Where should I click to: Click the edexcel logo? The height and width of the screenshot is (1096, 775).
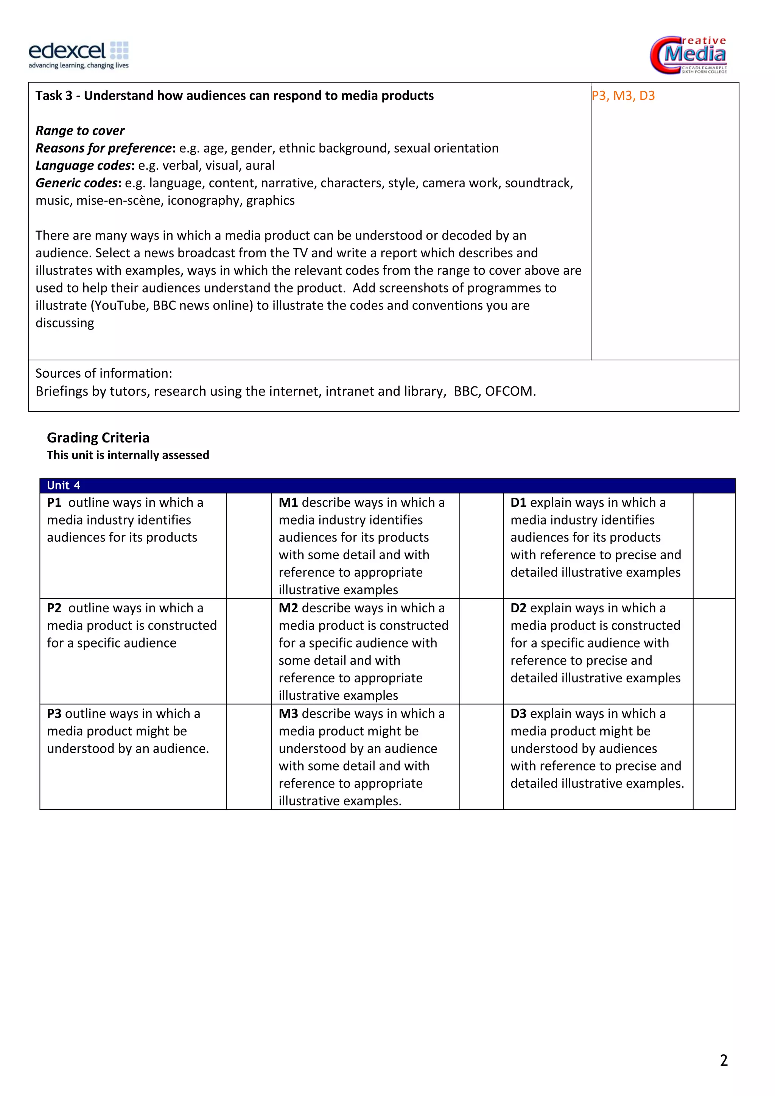pyautogui.click(x=79, y=54)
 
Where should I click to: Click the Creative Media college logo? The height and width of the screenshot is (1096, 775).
pyautogui.click(x=688, y=54)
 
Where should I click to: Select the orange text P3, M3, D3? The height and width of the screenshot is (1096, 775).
pyautogui.click(x=623, y=96)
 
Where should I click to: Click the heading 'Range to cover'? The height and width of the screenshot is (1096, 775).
pyautogui.click(x=80, y=131)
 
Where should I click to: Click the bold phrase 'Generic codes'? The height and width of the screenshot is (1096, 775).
pyautogui.click(x=76, y=183)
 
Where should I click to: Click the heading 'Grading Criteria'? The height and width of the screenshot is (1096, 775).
pyautogui.click(x=98, y=438)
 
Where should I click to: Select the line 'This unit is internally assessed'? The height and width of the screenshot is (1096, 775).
pyautogui.click(x=128, y=455)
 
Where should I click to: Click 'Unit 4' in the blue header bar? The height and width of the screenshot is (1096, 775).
pyautogui.click(x=64, y=486)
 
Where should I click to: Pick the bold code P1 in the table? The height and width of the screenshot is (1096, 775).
pyautogui.click(x=54, y=503)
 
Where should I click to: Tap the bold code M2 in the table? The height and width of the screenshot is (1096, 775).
pyautogui.click(x=288, y=608)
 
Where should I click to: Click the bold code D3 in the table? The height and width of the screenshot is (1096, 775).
pyautogui.click(x=518, y=714)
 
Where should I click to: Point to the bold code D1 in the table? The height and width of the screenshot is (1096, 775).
pyautogui.click(x=518, y=503)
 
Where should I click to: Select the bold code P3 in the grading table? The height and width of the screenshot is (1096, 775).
pyautogui.click(x=54, y=714)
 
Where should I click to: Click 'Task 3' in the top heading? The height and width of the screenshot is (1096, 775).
pyautogui.click(x=53, y=96)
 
